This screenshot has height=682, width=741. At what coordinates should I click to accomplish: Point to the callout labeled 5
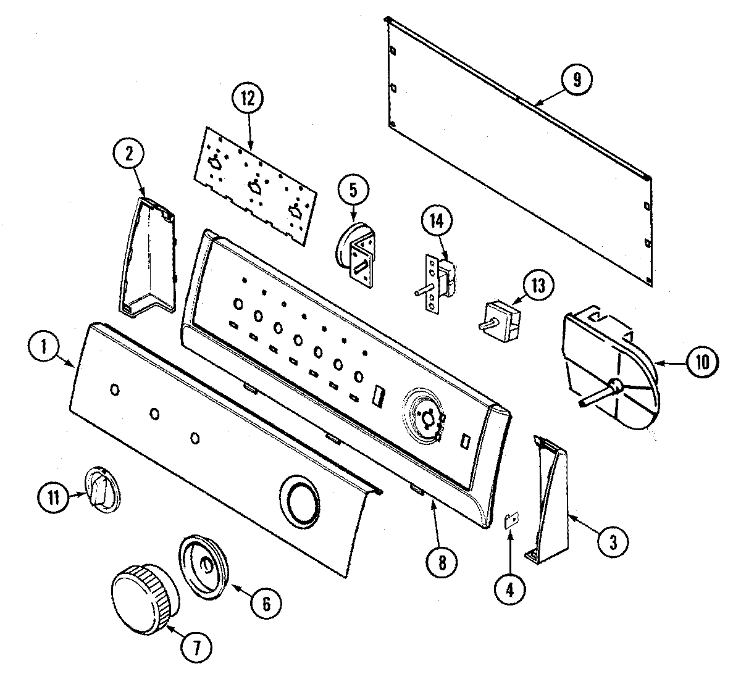(353, 190)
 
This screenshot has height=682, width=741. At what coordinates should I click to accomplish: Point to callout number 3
(612, 542)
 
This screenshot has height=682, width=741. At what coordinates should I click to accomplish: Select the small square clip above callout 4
(511, 521)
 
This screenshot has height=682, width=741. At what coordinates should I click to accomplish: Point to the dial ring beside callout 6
(204, 565)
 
